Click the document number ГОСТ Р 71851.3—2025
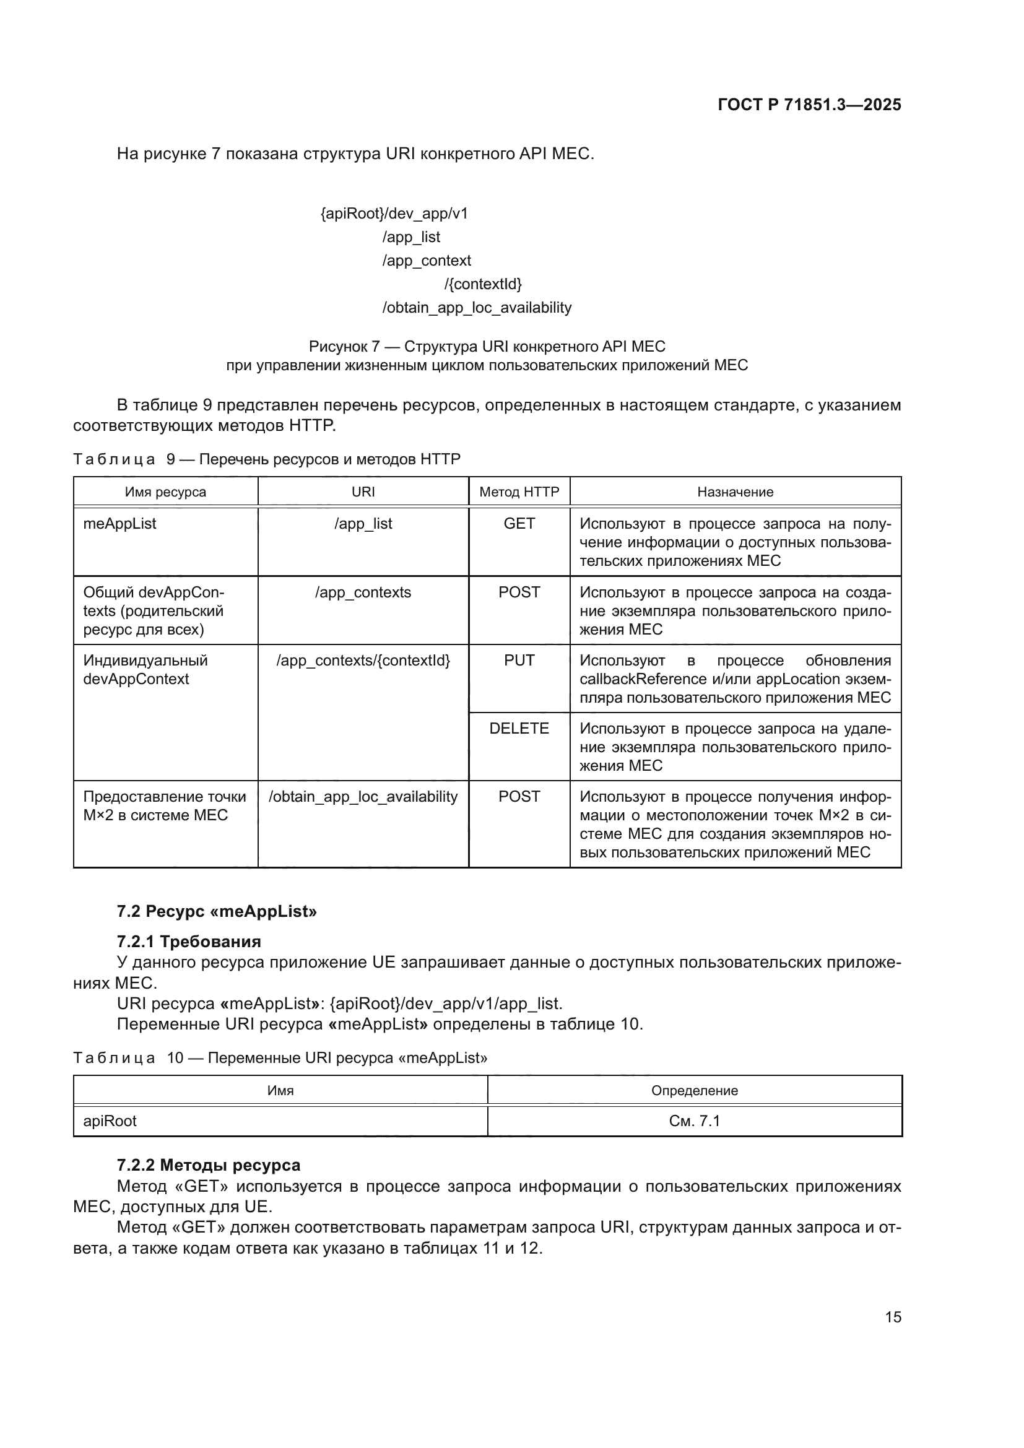[x=809, y=105]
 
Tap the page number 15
[x=893, y=1317]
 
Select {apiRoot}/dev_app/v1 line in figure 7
[x=394, y=214]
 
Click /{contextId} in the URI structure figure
[x=483, y=284]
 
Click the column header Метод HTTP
[x=519, y=492]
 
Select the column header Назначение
[x=735, y=492]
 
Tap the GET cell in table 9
[x=519, y=524]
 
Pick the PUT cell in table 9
[x=519, y=661]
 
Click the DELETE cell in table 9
[x=519, y=729]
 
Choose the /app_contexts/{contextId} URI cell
[x=363, y=661]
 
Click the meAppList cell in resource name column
[x=120, y=524]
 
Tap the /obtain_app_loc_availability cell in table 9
[x=363, y=797]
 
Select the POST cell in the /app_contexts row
[x=519, y=592]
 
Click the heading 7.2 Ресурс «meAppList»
[x=216, y=911]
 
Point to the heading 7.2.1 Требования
[x=189, y=942]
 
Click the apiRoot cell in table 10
[x=110, y=1121]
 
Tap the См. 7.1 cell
[x=694, y=1121]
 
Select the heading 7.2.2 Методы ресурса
[x=208, y=1165]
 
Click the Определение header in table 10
[x=694, y=1090]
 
